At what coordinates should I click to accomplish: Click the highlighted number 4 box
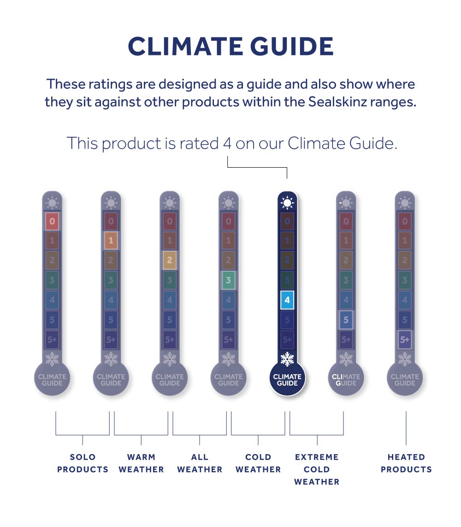(x=287, y=300)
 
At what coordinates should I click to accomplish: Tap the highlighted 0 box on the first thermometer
(x=52, y=221)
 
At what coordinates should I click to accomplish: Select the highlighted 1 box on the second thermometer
(x=111, y=241)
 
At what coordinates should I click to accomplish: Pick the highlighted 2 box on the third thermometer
(x=170, y=260)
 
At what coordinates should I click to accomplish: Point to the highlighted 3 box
(x=228, y=280)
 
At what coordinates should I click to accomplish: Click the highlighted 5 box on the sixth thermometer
(x=346, y=320)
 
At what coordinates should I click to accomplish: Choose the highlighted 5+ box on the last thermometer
(x=404, y=339)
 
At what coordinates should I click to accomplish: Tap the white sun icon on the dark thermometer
(x=287, y=202)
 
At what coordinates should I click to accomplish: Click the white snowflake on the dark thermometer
(x=287, y=359)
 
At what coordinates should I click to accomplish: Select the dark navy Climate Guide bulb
(x=287, y=380)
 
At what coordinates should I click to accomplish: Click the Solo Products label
(x=83, y=463)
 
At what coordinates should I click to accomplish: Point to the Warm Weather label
(x=141, y=463)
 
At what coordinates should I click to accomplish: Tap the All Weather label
(x=200, y=463)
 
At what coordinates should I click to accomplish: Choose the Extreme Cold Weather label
(x=317, y=469)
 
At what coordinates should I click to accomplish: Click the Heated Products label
(x=406, y=463)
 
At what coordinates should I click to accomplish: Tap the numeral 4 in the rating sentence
(x=227, y=144)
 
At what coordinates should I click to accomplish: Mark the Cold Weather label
(x=258, y=463)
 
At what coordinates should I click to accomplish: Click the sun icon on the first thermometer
(x=52, y=202)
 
